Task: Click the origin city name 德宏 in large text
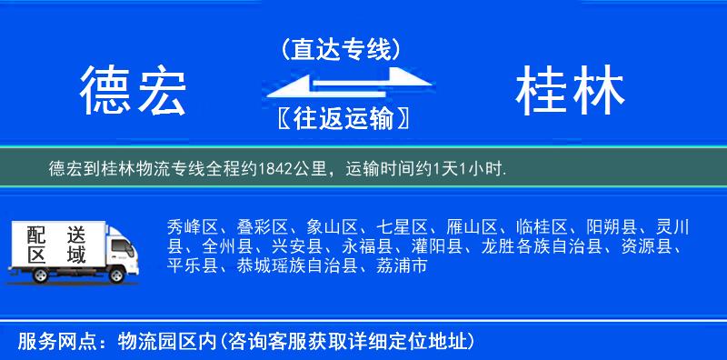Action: [133, 92]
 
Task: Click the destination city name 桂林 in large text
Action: [570, 92]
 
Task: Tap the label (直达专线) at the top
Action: [341, 49]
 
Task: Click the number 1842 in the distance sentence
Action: [275, 169]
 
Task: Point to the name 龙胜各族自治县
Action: [548, 247]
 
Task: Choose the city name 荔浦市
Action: [400, 267]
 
